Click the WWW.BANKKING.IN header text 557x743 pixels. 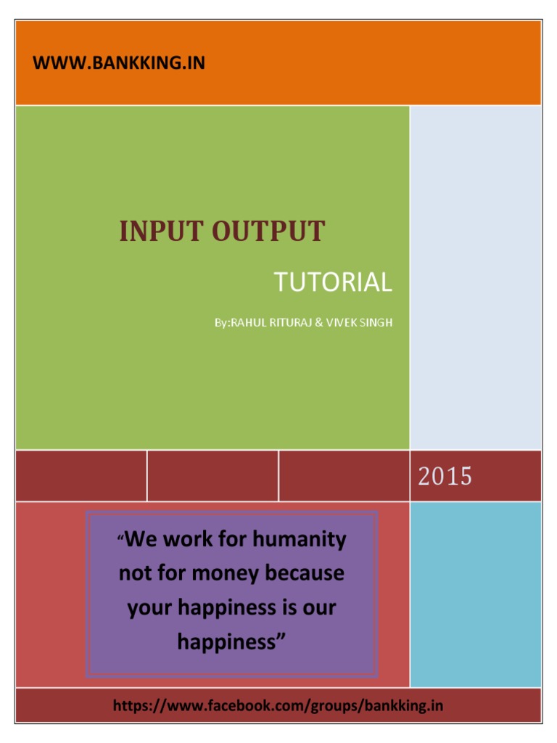(x=119, y=63)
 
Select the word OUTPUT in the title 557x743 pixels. (x=268, y=232)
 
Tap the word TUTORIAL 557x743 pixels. (x=333, y=282)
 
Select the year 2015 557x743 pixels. (x=444, y=477)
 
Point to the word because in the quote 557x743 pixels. (x=305, y=573)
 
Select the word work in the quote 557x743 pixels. (x=190, y=540)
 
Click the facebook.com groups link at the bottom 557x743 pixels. (x=278, y=705)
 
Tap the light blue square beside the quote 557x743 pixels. (x=475, y=594)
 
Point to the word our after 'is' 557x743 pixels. (x=319, y=607)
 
